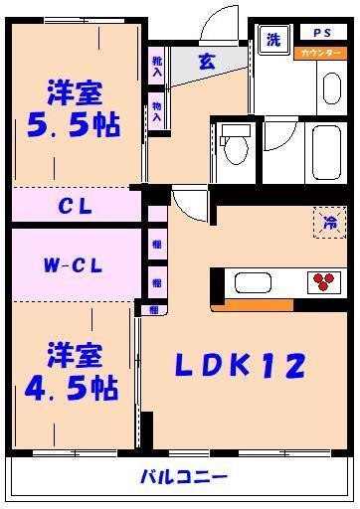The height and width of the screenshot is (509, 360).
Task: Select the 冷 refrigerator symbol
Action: (327, 223)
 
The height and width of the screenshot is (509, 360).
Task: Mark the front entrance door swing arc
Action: (215, 24)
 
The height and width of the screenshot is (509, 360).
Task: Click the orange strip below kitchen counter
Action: (238, 304)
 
